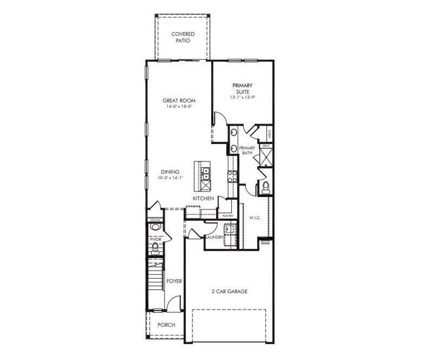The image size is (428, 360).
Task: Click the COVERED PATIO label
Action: pyautogui.click(x=183, y=37)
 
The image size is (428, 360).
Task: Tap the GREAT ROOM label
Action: pyautogui.click(x=179, y=101)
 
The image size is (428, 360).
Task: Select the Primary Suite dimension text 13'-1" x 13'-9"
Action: pyautogui.click(x=242, y=97)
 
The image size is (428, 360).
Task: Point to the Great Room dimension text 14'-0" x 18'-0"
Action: pyautogui.click(x=179, y=106)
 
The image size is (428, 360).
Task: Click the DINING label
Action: pyautogui.click(x=170, y=172)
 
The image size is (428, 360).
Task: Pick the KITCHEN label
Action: pyautogui.click(x=204, y=198)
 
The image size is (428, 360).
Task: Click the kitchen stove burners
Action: pyautogui.click(x=232, y=177)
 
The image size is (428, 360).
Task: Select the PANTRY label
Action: pyautogui.click(x=228, y=216)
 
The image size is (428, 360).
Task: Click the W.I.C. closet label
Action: pyautogui.click(x=255, y=218)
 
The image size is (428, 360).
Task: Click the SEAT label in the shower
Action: pyautogui.click(x=266, y=146)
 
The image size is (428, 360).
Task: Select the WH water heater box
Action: pyautogui.click(x=265, y=242)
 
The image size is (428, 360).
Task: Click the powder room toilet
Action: pyautogui.click(x=155, y=249)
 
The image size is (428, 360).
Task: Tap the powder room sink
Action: pyautogui.click(x=155, y=227)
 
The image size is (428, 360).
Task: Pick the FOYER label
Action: pyautogui.click(x=174, y=281)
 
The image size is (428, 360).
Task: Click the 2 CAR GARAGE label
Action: pyautogui.click(x=229, y=291)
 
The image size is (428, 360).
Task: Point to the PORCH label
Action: pyautogui.click(x=166, y=325)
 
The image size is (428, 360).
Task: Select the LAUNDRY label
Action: pyautogui.click(x=214, y=238)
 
